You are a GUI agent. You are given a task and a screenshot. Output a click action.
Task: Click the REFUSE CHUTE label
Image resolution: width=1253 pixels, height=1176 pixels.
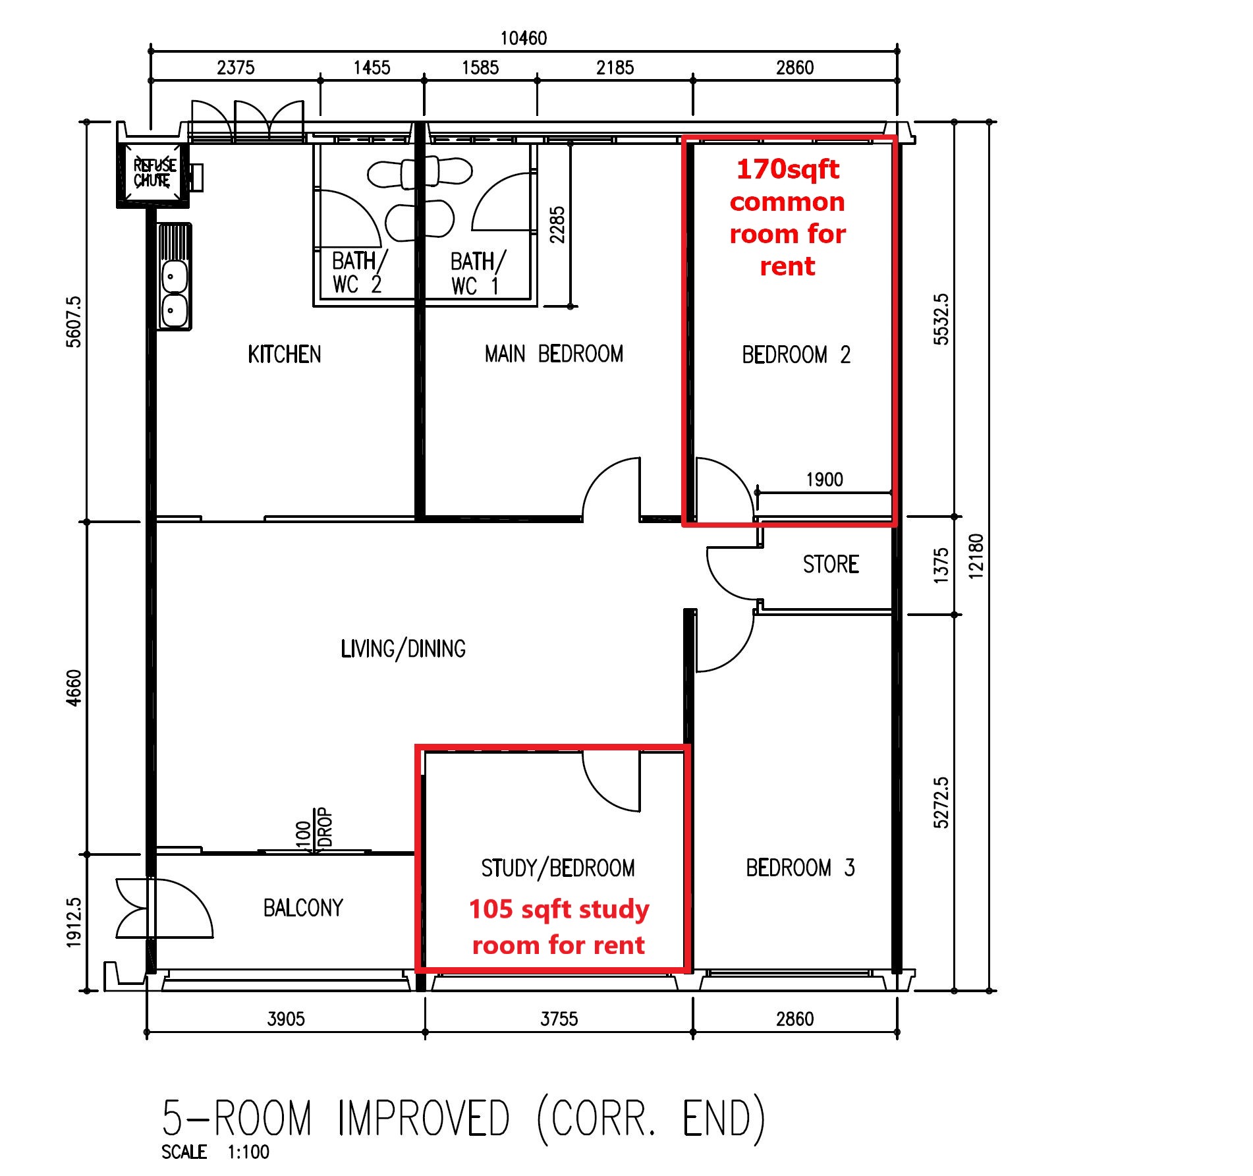click(155, 173)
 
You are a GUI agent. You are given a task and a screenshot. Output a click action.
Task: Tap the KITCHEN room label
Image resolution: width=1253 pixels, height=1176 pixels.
click(284, 354)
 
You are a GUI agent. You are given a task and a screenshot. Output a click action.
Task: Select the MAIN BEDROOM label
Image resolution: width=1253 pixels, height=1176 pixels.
click(553, 354)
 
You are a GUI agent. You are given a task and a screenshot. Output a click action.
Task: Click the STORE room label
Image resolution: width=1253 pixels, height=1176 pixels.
click(830, 564)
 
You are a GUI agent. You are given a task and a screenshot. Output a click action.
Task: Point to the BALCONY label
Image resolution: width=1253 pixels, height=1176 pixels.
click(303, 908)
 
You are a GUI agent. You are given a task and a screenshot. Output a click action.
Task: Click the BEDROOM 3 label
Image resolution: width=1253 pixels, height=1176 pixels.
click(800, 868)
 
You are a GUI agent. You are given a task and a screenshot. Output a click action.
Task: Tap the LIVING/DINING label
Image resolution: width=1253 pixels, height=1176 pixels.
click(403, 649)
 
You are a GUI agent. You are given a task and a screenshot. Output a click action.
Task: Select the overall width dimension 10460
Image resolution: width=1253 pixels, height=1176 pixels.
click(523, 38)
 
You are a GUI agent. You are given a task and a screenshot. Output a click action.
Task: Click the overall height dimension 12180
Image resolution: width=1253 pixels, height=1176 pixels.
click(976, 557)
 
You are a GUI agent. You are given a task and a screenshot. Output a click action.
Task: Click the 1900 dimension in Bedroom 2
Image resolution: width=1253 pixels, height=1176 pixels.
click(824, 480)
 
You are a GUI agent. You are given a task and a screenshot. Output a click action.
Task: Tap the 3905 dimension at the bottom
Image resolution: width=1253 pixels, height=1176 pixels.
click(286, 1019)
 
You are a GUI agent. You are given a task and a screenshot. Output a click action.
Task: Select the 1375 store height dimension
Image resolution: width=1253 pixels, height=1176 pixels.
click(941, 565)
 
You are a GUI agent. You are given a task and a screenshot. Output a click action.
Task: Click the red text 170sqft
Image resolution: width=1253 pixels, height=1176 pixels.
click(787, 169)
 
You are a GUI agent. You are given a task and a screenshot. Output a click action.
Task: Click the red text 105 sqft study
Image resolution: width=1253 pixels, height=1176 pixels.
click(559, 909)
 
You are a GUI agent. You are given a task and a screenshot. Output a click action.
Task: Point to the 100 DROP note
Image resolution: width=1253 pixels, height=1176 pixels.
click(314, 829)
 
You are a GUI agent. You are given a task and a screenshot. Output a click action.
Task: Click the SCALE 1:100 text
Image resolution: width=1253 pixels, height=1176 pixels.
click(215, 1152)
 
